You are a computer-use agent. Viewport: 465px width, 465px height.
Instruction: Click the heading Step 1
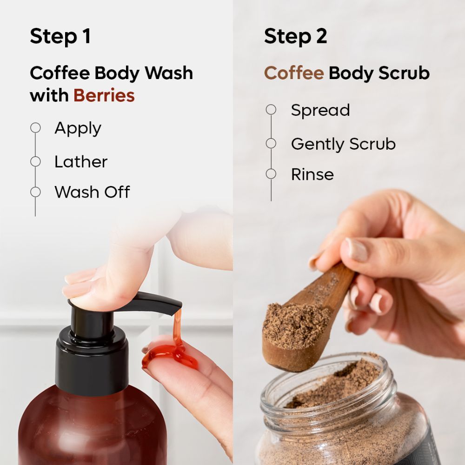pyautogui.click(x=60, y=37)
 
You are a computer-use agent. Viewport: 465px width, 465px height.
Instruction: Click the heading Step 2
pyautogui.click(x=295, y=37)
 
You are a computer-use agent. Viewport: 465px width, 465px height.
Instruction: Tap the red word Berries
pyautogui.click(x=104, y=95)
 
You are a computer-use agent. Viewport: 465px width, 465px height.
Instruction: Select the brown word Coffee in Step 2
pyautogui.click(x=293, y=73)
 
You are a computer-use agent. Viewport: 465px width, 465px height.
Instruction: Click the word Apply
pyautogui.click(x=78, y=128)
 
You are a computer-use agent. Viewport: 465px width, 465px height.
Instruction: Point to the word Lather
pyautogui.click(x=81, y=162)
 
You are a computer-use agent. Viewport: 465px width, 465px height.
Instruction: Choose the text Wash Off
pyautogui.click(x=92, y=192)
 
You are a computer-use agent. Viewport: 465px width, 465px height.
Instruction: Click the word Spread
pyautogui.click(x=320, y=110)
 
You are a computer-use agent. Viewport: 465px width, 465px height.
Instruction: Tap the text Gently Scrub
pyautogui.click(x=343, y=144)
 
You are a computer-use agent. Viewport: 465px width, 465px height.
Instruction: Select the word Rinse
pyautogui.click(x=312, y=174)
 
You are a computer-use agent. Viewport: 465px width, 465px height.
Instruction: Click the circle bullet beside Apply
pyautogui.click(x=35, y=128)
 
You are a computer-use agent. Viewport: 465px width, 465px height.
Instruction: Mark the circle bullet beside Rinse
pyautogui.click(x=271, y=174)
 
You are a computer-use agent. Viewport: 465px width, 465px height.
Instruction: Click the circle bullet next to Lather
pyautogui.click(x=35, y=161)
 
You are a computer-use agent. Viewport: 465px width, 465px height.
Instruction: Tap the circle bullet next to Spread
pyautogui.click(x=271, y=110)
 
